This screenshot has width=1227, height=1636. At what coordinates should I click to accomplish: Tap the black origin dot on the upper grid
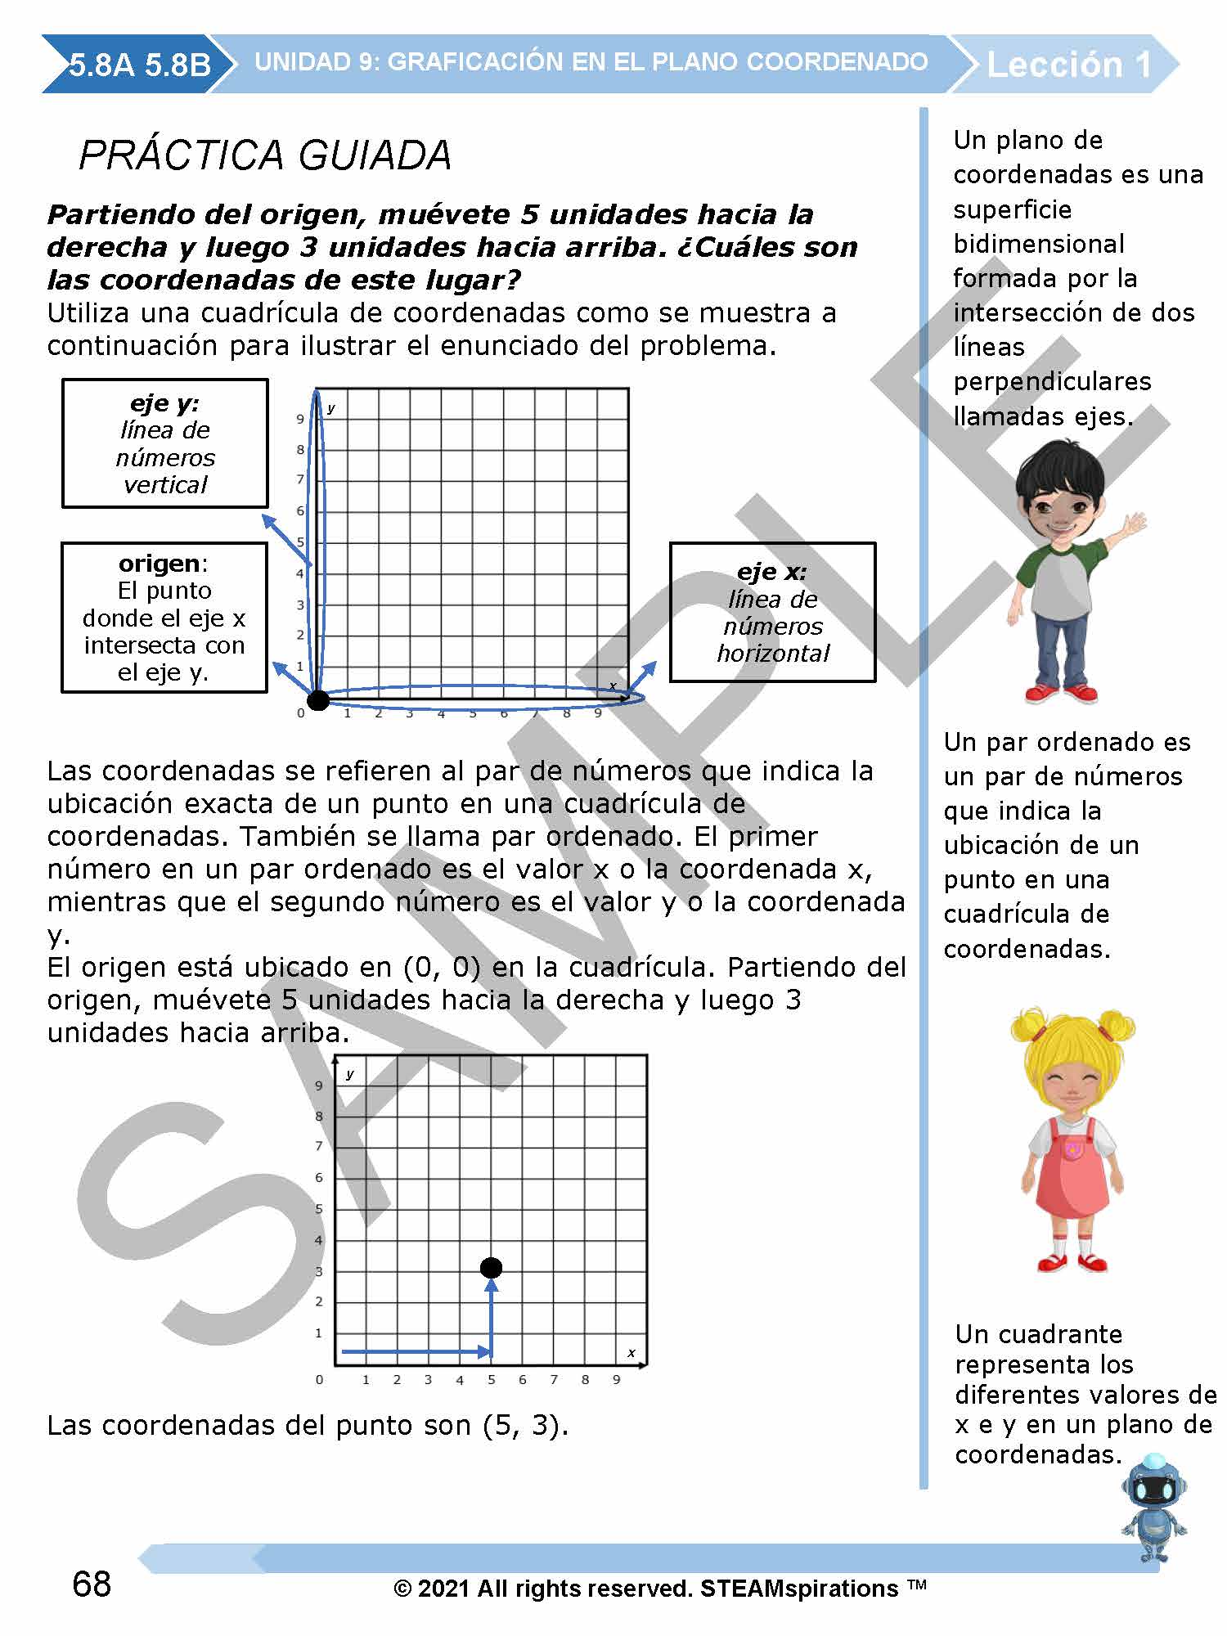pos(317,700)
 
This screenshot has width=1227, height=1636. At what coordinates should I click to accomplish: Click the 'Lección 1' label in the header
pos(1069,65)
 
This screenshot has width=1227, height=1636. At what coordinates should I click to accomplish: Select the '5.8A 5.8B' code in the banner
pos(140,65)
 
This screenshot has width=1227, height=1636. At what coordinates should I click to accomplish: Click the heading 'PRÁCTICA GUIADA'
pos(265,155)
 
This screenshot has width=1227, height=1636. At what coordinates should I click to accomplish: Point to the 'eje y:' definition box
pos(165,443)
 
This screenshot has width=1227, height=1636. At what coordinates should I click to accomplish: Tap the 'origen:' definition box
pos(164,618)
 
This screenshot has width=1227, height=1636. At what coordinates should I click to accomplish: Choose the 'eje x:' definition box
pos(772,612)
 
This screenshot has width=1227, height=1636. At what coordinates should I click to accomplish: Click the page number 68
pos(92,1584)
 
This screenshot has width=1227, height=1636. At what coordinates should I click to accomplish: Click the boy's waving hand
pos(1134,524)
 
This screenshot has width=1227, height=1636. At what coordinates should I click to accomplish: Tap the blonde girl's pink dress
pos(1072,1178)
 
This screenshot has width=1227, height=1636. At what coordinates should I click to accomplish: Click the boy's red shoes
pos(1061,694)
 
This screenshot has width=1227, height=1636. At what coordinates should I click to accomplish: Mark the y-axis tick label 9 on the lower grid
pos(319,1085)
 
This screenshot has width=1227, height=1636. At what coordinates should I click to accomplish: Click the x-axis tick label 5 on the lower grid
pos(492,1380)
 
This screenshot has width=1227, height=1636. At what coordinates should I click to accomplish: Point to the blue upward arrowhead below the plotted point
pos(491,1286)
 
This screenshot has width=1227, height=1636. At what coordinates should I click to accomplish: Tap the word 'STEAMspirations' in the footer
pos(799,1589)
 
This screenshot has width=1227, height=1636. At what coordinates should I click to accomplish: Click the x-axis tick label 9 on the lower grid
pos(617,1380)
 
